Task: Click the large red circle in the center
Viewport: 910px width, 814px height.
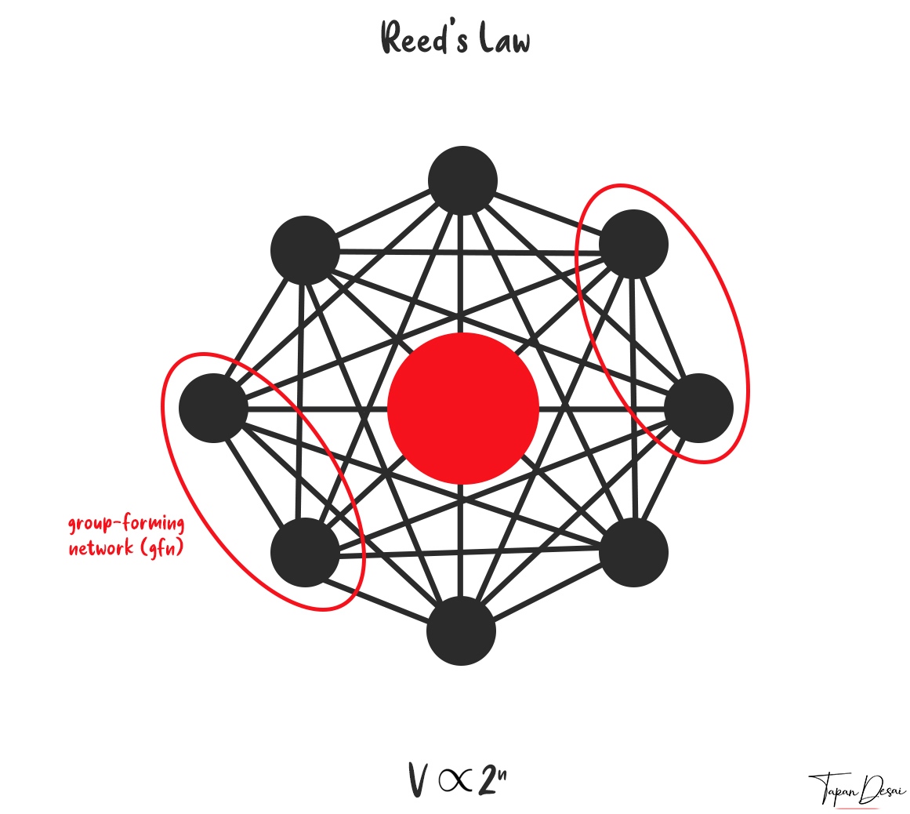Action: tap(463, 408)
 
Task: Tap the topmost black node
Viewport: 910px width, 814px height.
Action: tap(462, 180)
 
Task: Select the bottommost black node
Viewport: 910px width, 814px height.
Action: tap(462, 630)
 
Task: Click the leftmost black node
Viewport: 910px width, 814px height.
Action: tap(213, 408)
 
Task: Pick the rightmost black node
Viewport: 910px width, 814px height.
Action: tap(698, 408)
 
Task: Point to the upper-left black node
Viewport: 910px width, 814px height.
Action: tap(305, 250)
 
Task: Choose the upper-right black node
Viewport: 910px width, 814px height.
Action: tap(633, 244)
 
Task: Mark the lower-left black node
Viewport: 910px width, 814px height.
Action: tap(305, 552)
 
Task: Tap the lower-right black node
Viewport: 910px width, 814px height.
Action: tap(633, 552)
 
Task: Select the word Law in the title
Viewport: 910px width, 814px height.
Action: tap(504, 38)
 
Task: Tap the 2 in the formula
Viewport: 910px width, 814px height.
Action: tap(487, 779)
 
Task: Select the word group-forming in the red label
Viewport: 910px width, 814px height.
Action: tap(126, 525)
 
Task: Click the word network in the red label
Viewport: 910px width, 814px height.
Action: tap(101, 547)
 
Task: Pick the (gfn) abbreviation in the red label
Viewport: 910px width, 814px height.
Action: tap(161, 547)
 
